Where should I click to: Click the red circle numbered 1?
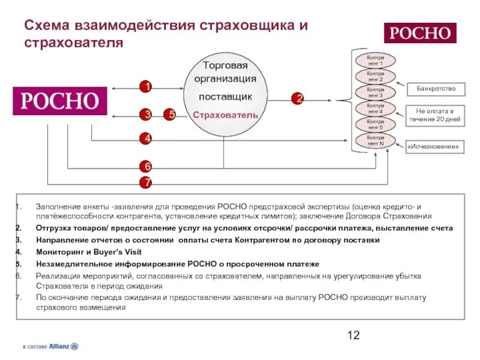(145, 86)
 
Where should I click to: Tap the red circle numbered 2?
(298, 98)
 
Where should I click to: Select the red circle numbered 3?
(146, 114)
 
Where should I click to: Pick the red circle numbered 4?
(146, 139)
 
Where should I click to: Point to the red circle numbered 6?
(146, 166)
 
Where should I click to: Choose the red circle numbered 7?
(146, 182)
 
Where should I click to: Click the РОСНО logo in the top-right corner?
(419, 33)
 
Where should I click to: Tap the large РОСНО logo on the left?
(60, 101)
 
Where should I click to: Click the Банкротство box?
(436, 89)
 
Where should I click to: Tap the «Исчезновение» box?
(436, 146)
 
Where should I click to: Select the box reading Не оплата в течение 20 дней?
(436, 115)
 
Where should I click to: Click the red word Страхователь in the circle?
(225, 115)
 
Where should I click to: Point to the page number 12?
(353, 335)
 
